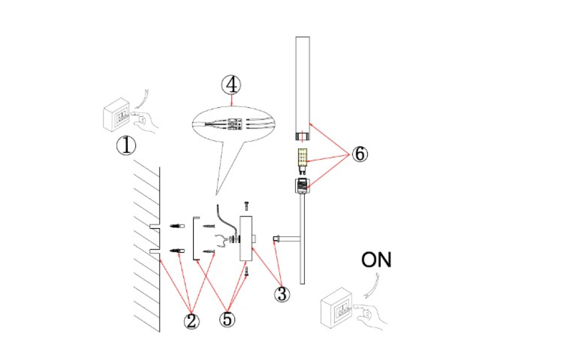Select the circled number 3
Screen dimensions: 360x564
282,294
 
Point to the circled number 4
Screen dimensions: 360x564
231,85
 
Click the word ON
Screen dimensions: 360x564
376,260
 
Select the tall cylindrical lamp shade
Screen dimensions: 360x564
303,87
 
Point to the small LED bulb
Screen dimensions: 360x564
302,160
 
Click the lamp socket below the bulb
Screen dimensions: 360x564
302,186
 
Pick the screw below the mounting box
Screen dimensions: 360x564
248,271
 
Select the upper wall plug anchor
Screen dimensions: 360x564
177,225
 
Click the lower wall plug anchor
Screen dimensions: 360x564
177,251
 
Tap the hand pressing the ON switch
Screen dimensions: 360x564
373,316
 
